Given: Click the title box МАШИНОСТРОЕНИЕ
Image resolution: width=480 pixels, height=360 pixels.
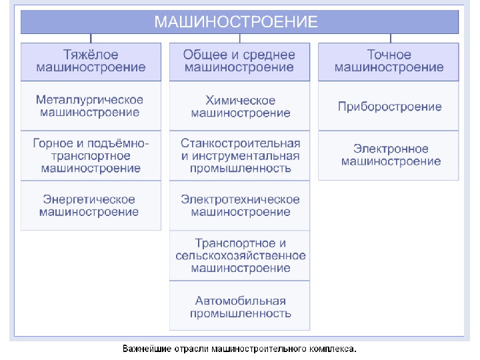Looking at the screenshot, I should (240, 22).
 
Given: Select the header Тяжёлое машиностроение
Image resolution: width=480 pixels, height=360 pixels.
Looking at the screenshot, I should (91, 61).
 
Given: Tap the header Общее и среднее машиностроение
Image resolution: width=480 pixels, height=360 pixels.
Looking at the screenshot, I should (239, 61).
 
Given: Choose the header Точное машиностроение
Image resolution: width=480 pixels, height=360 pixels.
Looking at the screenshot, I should (389, 61).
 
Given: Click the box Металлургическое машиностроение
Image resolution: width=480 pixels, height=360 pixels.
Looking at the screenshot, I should (91, 106).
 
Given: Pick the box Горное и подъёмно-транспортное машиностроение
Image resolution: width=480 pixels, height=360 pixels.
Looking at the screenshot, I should (91, 155).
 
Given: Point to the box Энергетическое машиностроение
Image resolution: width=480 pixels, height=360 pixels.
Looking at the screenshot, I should (91, 205).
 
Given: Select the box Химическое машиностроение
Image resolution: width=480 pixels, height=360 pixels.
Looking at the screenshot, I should (239, 106).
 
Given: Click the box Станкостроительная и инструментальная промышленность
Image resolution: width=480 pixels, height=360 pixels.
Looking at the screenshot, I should (239, 155).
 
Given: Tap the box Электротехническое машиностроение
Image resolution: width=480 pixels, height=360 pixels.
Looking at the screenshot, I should (239, 205).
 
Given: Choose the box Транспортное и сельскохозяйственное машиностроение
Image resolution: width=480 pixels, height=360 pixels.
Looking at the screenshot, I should (239, 255).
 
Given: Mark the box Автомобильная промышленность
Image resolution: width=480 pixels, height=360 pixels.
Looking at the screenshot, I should (239, 307).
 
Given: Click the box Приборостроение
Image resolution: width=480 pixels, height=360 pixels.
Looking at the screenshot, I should (389, 106).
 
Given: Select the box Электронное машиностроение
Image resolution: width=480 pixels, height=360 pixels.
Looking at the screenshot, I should (389, 155).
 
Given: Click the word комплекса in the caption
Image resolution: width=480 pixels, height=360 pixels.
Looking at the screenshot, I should (333, 349).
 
